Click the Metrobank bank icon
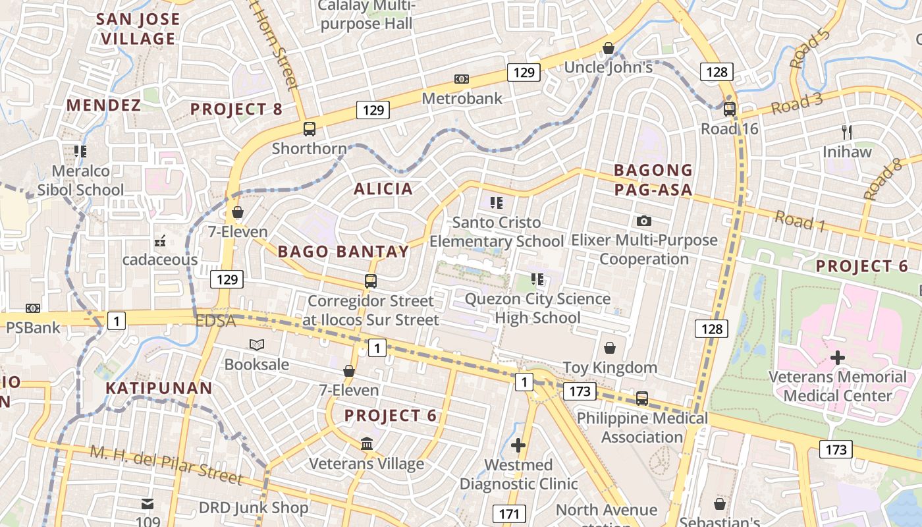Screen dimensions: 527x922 tap(462, 79)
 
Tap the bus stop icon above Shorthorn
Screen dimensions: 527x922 tap(310, 128)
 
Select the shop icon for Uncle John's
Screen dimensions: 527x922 tap(609, 48)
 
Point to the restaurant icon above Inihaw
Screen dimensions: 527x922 tap(847, 132)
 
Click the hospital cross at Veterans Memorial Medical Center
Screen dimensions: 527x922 tap(838, 358)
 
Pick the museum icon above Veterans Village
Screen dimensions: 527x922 tap(367, 444)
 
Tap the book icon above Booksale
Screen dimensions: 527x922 tap(256, 345)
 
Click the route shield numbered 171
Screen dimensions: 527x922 tap(509, 514)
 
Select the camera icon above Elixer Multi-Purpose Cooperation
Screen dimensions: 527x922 tap(644, 221)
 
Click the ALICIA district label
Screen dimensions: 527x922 tap(383, 189)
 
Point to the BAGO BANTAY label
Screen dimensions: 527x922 tap(343, 251)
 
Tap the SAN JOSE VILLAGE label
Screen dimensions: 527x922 tap(138, 28)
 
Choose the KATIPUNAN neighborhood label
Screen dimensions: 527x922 tap(159, 388)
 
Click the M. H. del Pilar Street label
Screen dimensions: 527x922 tap(166, 465)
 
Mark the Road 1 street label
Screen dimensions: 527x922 tap(800, 221)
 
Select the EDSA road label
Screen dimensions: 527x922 tap(215, 321)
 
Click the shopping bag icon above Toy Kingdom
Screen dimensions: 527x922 tap(610, 347)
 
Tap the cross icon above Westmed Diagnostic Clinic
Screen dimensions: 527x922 tap(518, 445)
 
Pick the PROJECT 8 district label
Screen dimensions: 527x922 tap(236, 109)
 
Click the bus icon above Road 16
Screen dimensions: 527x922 tap(730, 109)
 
